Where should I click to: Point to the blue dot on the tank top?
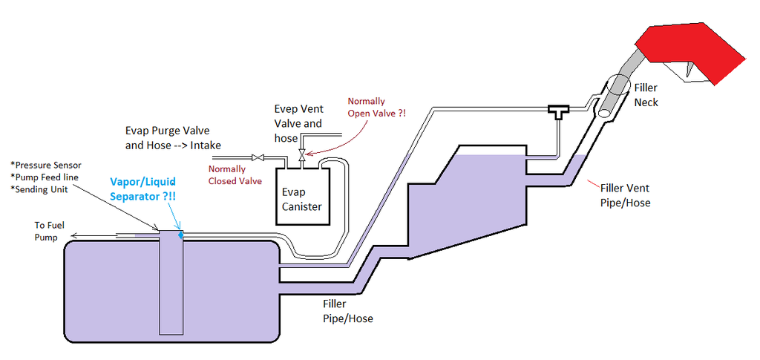tap(180, 234)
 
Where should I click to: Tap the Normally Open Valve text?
tap(378, 107)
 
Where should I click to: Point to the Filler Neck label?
tap(646, 95)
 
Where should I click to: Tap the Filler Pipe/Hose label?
tap(347, 311)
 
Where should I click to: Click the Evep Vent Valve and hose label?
tap(298, 123)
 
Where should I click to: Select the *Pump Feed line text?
tap(47, 177)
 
